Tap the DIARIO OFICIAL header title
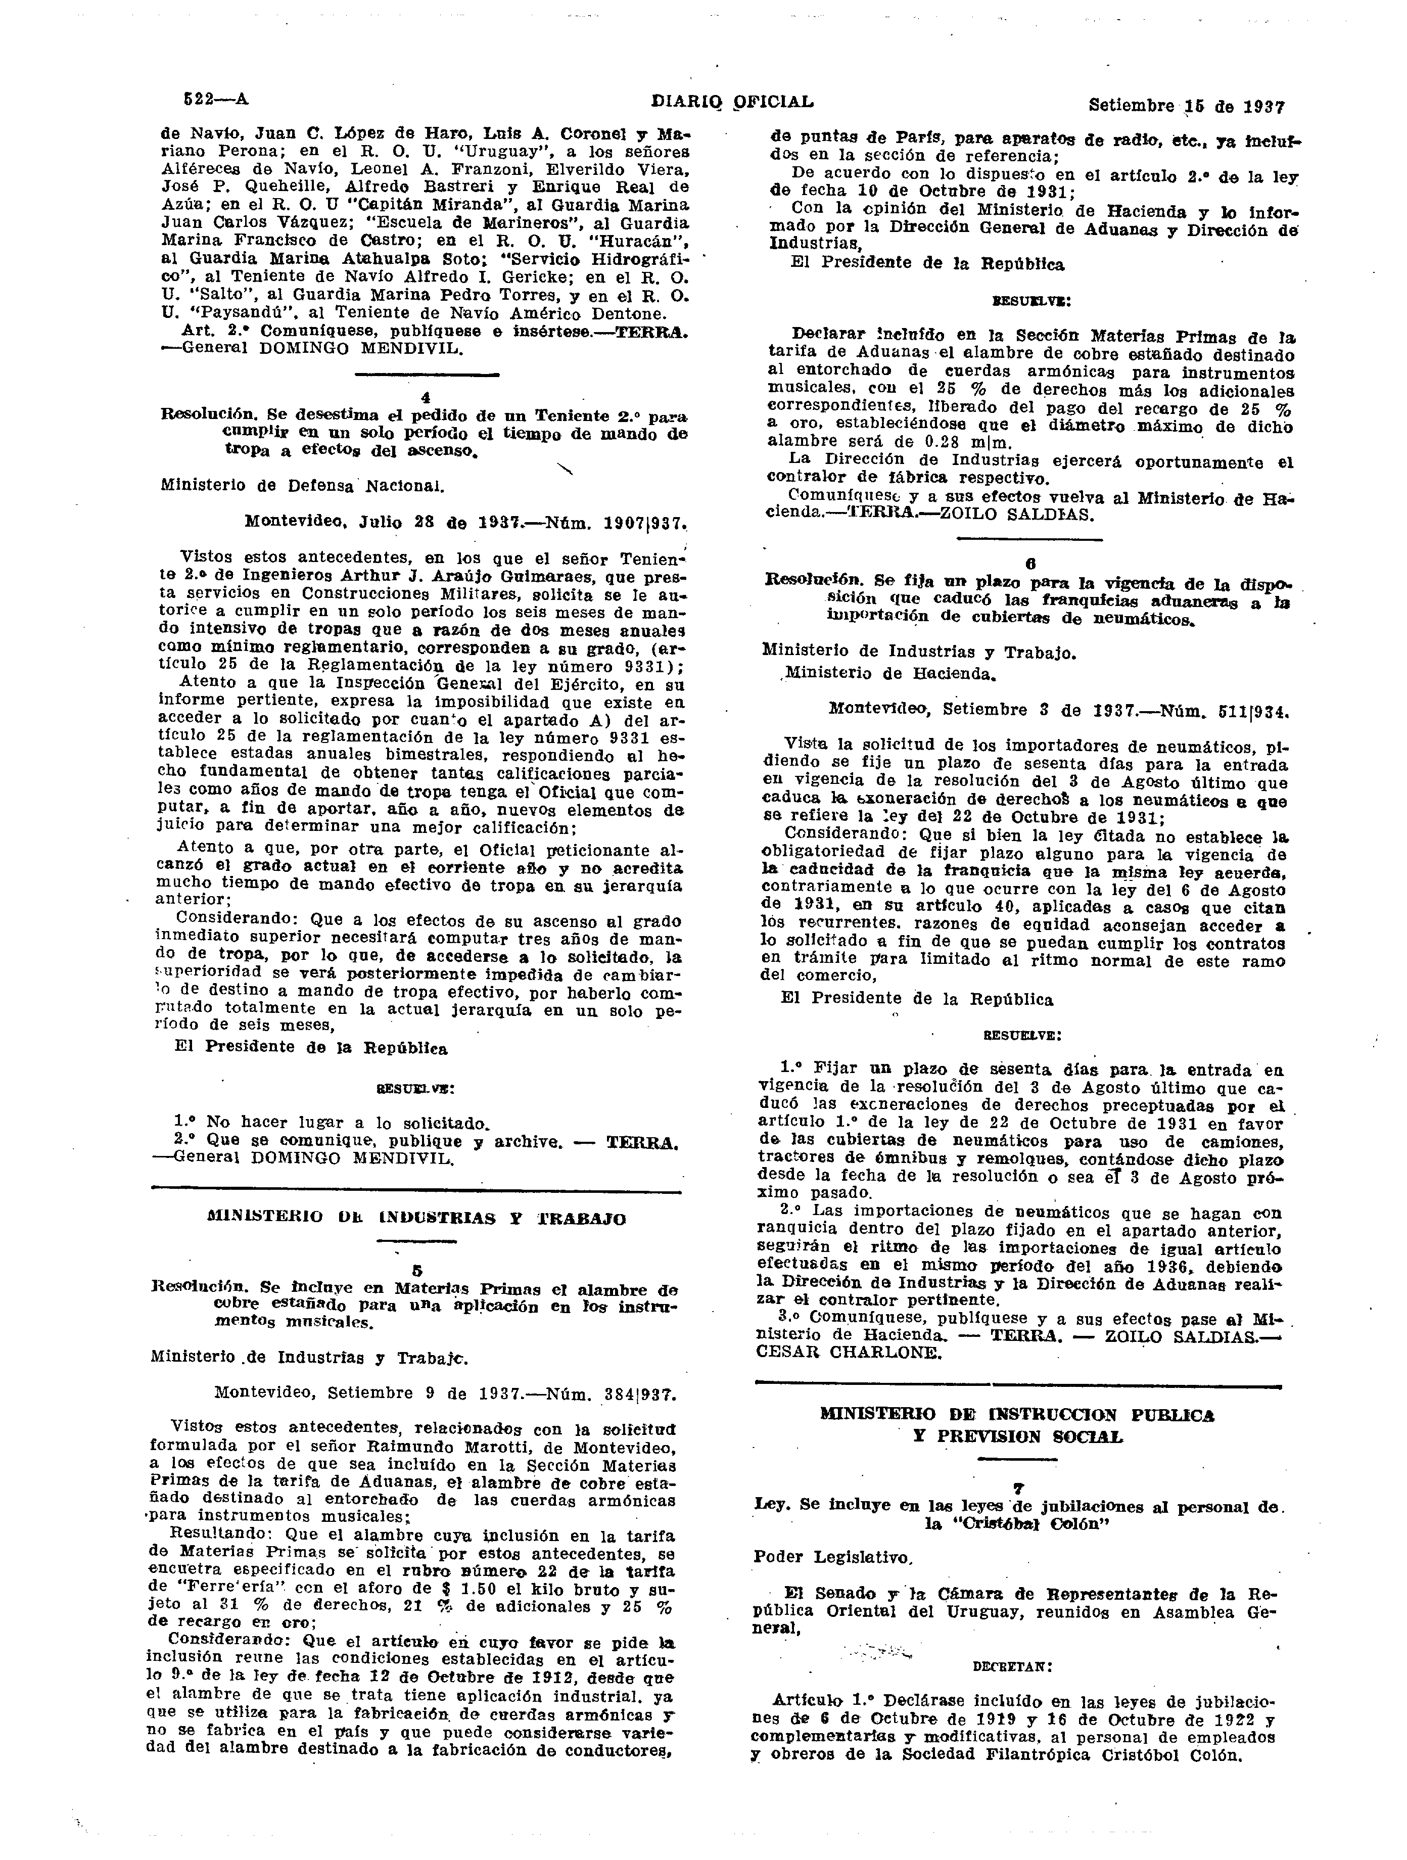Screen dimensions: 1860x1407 pos(732,102)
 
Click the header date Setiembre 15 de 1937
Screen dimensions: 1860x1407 pos(1187,106)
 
